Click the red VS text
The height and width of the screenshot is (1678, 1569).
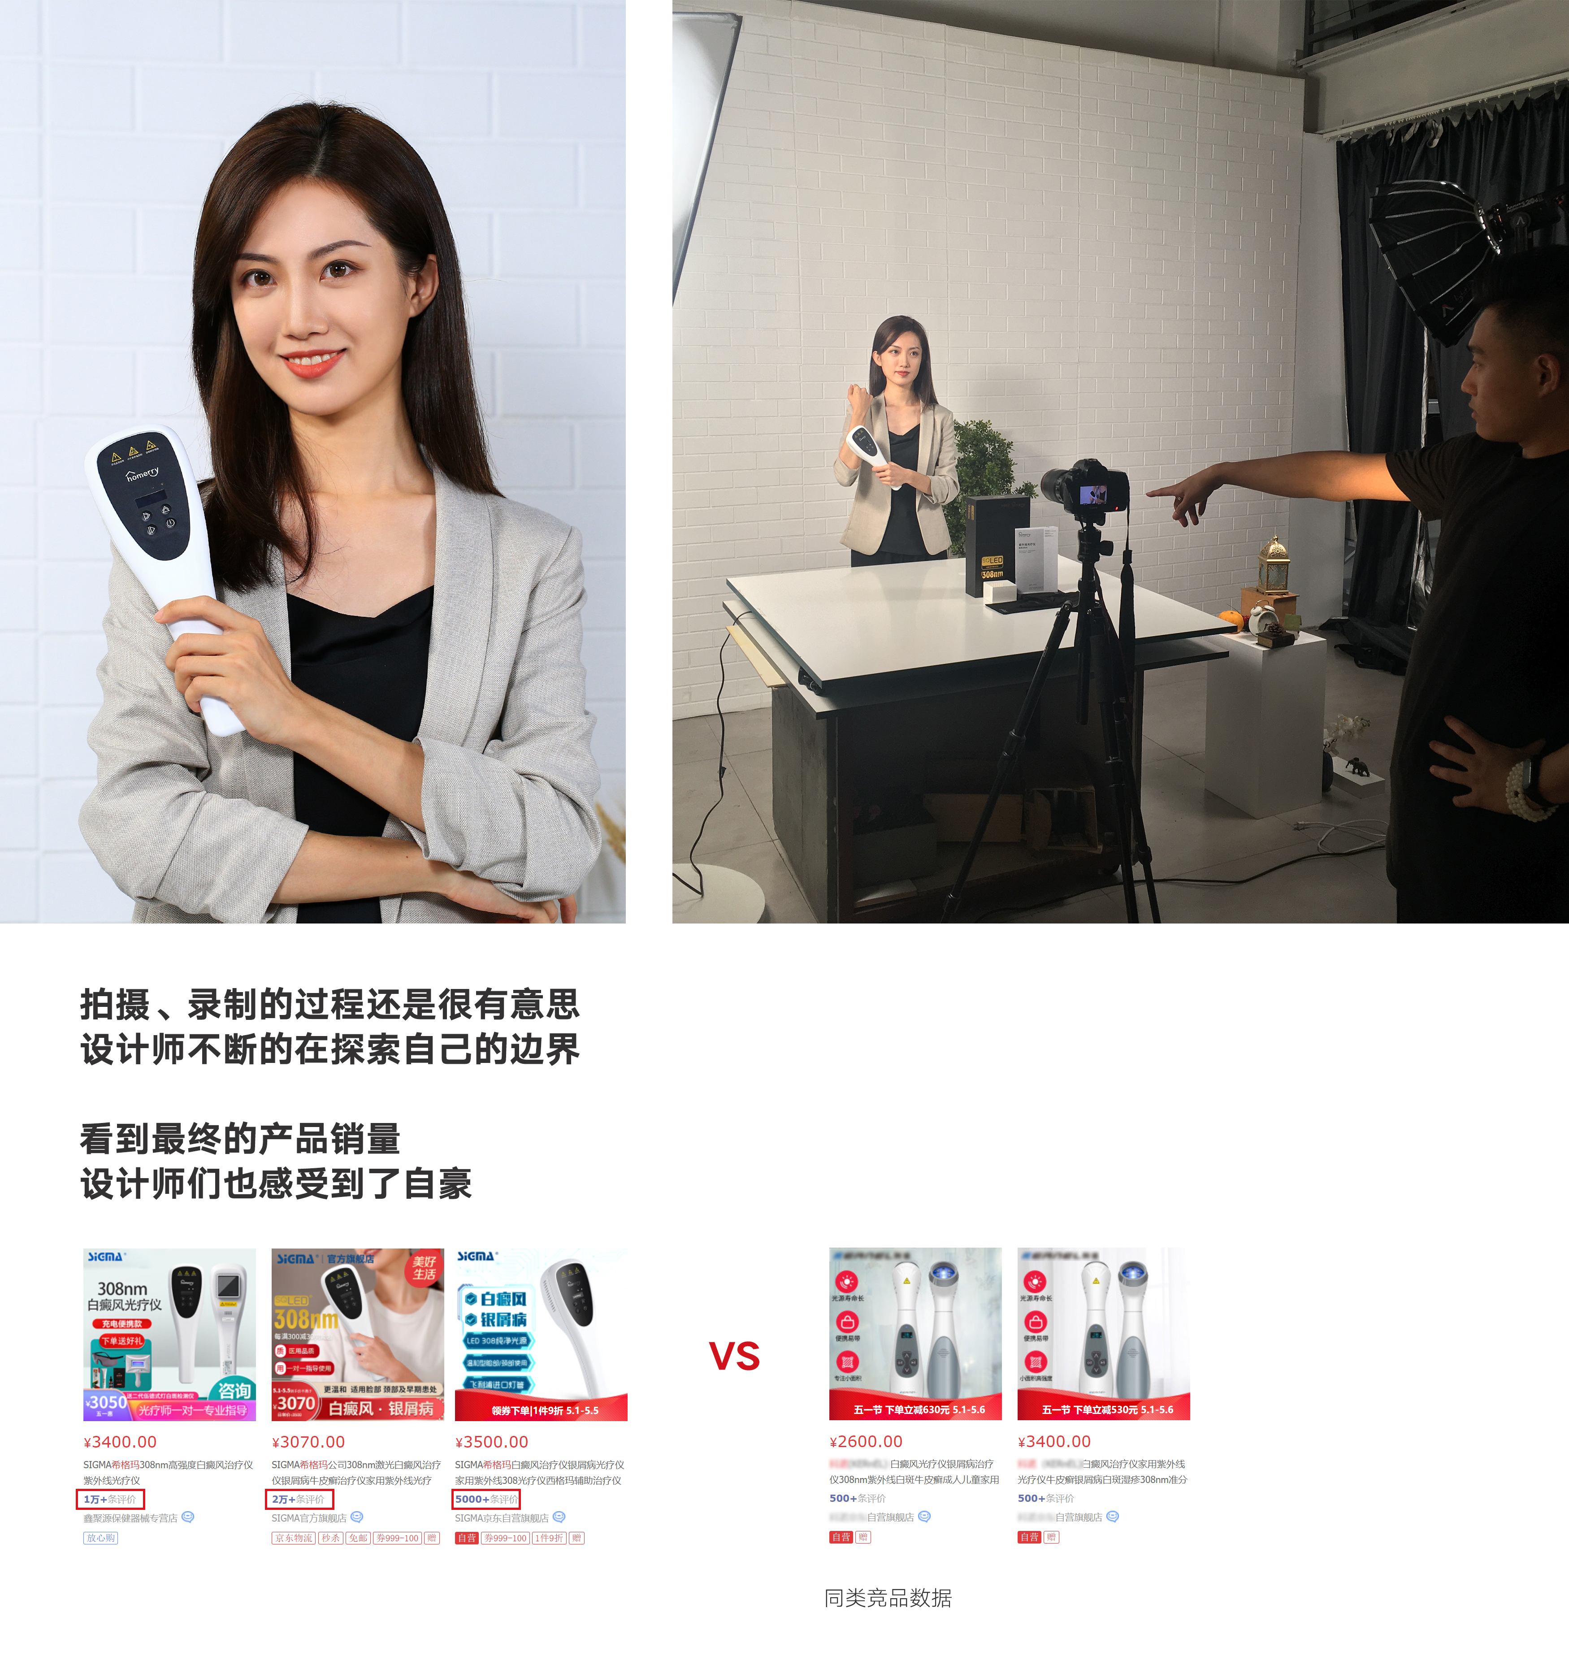click(x=734, y=1357)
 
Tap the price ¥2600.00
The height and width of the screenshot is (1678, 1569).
click(x=866, y=1442)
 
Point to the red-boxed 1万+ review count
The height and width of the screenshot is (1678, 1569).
click(x=110, y=1499)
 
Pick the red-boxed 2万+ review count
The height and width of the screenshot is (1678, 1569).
click(x=298, y=1499)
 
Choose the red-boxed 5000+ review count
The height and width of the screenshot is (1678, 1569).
click(x=486, y=1499)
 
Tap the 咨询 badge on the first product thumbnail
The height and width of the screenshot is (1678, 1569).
click(x=234, y=1390)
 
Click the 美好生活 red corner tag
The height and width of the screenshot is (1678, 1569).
click(x=425, y=1268)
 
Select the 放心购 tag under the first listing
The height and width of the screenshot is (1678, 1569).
click(x=100, y=1538)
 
